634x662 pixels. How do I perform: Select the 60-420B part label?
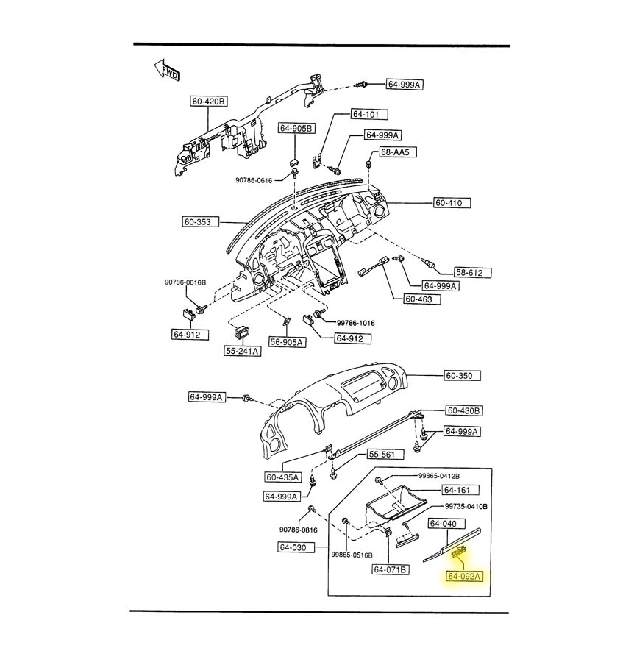click(209, 102)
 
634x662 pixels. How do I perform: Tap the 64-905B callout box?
click(296, 129)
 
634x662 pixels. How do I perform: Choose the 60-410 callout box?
click(452, 202)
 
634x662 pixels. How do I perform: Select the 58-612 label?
click(468, 273)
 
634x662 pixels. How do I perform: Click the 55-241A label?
click(243, 351)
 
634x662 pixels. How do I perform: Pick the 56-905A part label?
click(286, 342)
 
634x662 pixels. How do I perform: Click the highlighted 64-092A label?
click(465, 576)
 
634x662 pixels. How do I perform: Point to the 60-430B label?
click(463, 410)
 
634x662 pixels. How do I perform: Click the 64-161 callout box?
click(459, 490)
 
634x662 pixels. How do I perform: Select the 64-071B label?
click(391, 569)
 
